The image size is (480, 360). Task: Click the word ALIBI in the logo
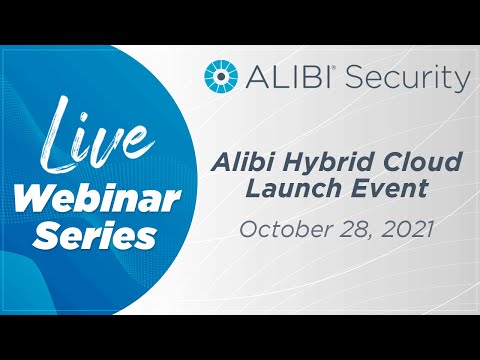(281, 77)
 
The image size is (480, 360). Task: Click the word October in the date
(280, 228)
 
